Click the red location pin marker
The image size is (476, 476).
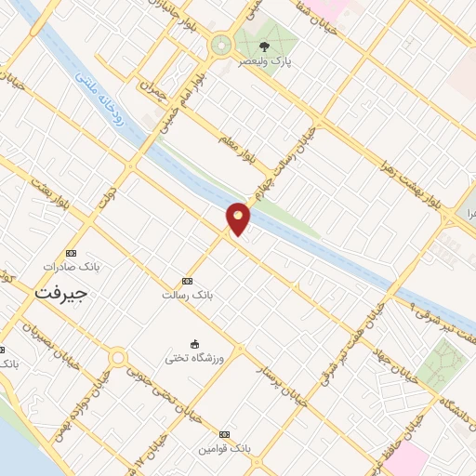(239, 218)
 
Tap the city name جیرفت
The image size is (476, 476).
(60, 293)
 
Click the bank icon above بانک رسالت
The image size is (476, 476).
(187, 281)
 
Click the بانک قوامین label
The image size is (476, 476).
(223, 449)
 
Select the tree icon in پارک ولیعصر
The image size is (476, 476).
(266, 46)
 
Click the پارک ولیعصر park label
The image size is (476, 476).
(266, 61)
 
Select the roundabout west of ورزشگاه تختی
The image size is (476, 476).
(117, 357)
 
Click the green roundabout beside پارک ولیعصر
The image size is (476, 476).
(221, 44)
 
